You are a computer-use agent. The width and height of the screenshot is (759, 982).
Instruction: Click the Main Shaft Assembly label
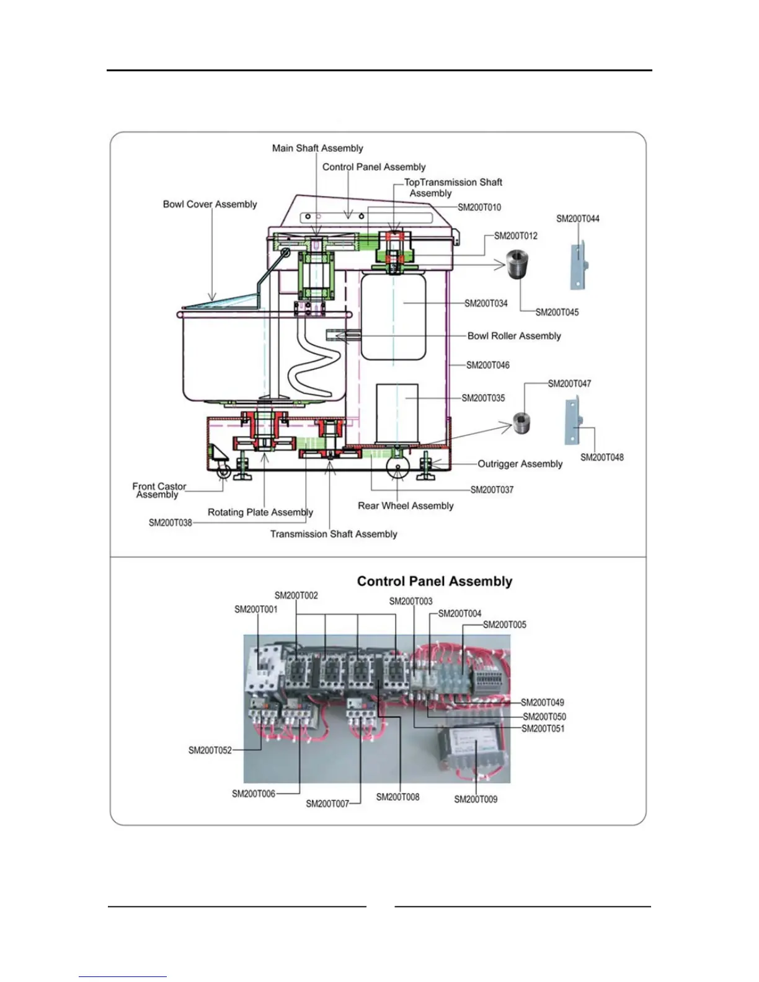[x=317, y=148]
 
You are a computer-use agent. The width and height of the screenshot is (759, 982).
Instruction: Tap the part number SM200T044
[x=577, y=218]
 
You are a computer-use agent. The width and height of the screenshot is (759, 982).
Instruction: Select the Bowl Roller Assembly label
[x=514, y=335]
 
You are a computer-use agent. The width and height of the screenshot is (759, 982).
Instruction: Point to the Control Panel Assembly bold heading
[x=435, y=581]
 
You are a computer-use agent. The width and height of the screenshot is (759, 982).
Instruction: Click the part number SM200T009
[x=476, y=799]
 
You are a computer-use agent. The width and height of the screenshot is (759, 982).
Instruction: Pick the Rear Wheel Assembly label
[x=406, y=505]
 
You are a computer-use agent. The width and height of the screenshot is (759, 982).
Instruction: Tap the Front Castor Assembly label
[x=159, y=490]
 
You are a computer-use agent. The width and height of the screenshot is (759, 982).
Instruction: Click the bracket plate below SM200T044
[x=578, y=266]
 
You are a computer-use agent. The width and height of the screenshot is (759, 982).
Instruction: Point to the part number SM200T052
[x=210, y=750]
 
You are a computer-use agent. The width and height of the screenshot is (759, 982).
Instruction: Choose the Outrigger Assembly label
[x=520, y=464]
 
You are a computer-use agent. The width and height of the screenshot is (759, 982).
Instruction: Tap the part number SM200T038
[x=171, y=523]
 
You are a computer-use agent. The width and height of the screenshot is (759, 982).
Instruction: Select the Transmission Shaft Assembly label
[x=334, y=534]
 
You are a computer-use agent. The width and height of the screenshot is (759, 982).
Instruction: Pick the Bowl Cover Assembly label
[x=210, y=204]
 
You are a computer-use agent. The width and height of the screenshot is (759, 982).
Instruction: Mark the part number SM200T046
[x=488, y=365]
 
